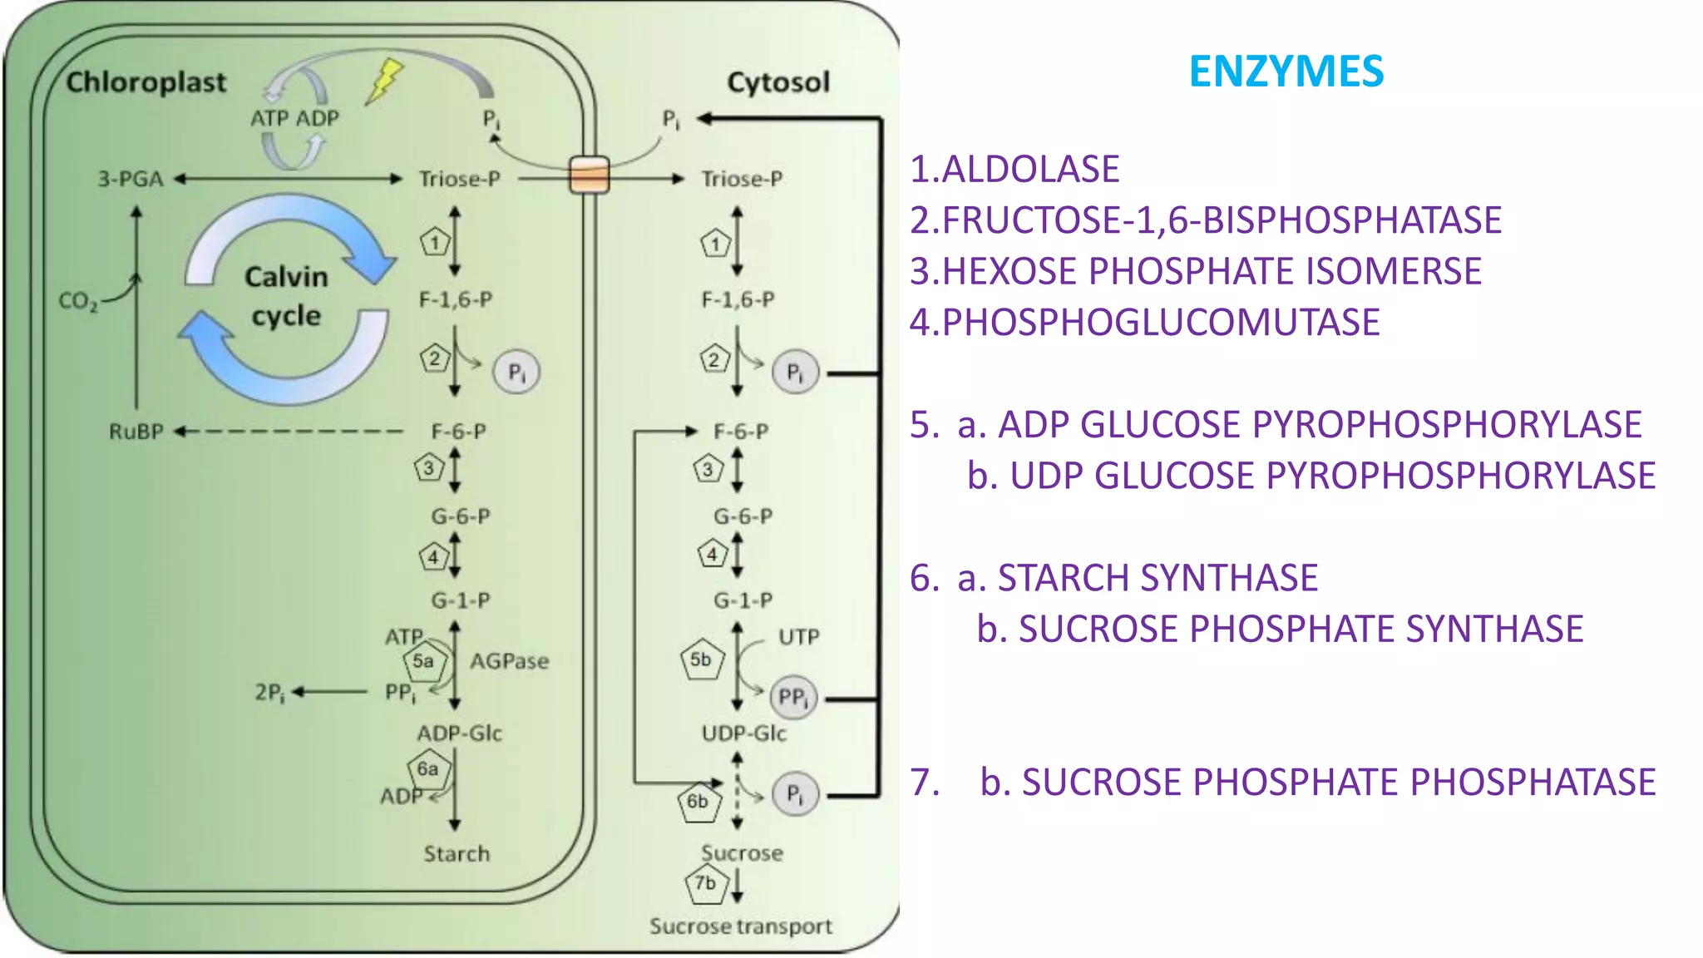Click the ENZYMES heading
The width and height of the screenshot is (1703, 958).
[x=1286, y=72]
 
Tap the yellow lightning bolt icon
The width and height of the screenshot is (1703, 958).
[x=384, y=81]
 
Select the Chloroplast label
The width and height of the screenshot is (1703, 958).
[x=146, y=82]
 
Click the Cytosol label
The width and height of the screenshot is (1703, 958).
[x=777, y=82]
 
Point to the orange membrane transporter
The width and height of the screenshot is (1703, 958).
[x=589, y=175]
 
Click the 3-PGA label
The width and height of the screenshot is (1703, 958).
[x=131, y=179]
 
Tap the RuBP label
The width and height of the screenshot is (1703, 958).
[x=136, y=432]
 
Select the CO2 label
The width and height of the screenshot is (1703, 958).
[x=77, y=301]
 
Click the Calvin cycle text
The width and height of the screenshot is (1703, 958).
[x=286, y=296]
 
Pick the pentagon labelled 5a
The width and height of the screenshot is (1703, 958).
[x=424, y=662]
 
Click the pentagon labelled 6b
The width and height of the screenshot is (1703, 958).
[x=698, y=802]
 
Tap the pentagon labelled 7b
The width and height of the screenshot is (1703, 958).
[x=706, y=884]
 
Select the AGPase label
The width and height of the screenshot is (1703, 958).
[x=509, y=662]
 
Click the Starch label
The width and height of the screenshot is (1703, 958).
[x=457, y=854]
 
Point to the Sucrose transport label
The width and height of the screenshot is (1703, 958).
[x=740, y=926]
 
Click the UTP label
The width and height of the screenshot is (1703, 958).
[x=798, y=638]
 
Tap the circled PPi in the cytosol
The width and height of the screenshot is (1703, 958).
[x=793, y=698]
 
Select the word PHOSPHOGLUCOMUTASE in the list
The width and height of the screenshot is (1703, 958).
[x=1161, y=323]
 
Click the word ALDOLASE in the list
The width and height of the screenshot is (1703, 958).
[x=1030, y=170]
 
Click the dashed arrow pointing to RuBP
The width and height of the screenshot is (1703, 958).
[x=291, y=432]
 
